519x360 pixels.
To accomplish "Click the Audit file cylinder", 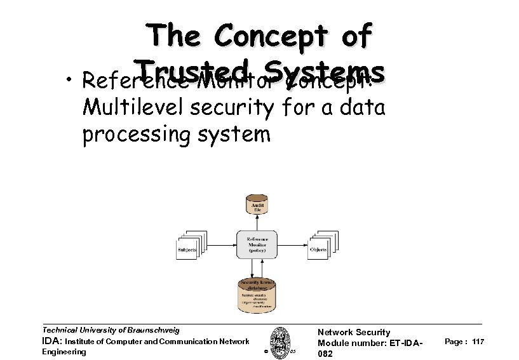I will pyautogui.click(x=257, y=205).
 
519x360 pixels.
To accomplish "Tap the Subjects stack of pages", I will pyautogui.click(x=187, y=246).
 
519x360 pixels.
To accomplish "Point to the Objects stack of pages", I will pyautogui.click(x=320, y=246).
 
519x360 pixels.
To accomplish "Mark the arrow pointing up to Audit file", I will pyautogui.click(x=257, y=223).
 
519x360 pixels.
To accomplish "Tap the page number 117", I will pyautogui.click(x=479, y=342).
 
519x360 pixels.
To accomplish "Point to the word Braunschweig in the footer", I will pyautogui.click(x=152, y=330).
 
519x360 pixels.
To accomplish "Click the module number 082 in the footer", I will pyautogui.click(x=324, y=353).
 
